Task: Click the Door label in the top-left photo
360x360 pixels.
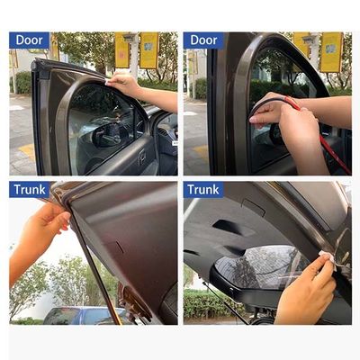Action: [29, 40]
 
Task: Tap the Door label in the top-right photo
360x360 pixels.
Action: [203, 40]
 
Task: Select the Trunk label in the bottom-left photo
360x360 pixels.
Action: [30, 190]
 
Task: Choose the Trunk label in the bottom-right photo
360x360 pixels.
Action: [203, 190]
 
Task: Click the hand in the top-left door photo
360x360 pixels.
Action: [125, 85]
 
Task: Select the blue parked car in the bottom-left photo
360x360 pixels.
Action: [76, 315]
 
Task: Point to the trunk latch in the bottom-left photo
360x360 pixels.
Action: [135, 306]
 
